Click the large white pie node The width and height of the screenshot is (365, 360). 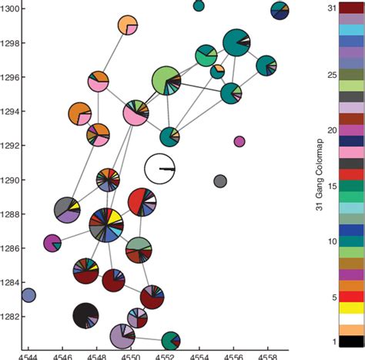click(160, 168)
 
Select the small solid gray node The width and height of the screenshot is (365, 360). click(220, 182)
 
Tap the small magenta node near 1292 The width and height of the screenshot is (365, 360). click(239, 141)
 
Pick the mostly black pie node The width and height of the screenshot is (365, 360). click(86, 315)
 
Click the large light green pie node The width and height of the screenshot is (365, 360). click(166, 79)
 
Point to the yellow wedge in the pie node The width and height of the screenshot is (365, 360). click(112, 217)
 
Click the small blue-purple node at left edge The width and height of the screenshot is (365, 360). click(28, 294)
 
